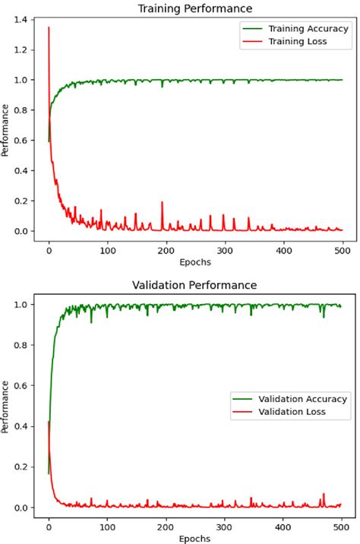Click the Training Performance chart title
click(x=195, y=8)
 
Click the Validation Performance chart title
click(x=195, y=285)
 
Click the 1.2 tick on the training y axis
click(x=22, y=50)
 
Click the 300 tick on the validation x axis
click(x=225, y=526)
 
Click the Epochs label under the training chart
click(x=195, y=261)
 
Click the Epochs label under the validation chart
click(x=195, y=538)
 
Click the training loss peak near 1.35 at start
click(x=49, y=28)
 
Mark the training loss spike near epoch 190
click(x=162, y=203)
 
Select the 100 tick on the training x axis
click(x=107, y=249)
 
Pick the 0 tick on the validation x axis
click(x=49, y=526)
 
